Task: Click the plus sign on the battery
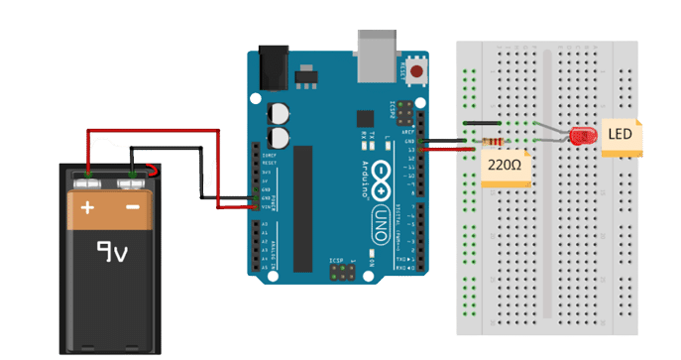tap(88, 208)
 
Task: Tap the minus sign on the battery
tap(132, 208)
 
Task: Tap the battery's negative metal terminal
tap(132, 182)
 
